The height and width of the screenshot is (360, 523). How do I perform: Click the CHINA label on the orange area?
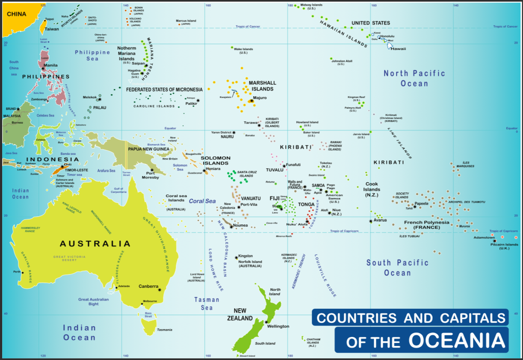click(x=17, y=14)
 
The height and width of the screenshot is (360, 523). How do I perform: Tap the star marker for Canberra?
click(x=160, y=290)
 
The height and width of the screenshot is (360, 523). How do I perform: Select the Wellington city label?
click(x=278, y=326)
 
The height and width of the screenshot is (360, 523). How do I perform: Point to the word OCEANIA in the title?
click(x=458, y=340)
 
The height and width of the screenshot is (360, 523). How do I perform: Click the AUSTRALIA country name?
click(x=95, y=244)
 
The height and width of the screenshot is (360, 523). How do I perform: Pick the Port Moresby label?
click(x=150, y=175)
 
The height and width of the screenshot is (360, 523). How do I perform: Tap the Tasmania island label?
click(x=165, y=330)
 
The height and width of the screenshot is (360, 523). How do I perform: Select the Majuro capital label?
click(x=260, y=98)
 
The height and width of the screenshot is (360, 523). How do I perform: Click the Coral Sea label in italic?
click(x=202, y=201)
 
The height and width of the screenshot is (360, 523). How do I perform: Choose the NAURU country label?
click(x=227, y=137)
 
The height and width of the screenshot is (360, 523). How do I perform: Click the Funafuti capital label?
click(x=294, y=165)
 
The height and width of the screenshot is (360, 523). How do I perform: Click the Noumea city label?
click(x=240, y=225)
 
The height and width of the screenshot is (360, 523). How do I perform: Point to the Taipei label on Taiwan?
click(x=50, y=19)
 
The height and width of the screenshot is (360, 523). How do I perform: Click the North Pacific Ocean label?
click(x=414, y=78)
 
